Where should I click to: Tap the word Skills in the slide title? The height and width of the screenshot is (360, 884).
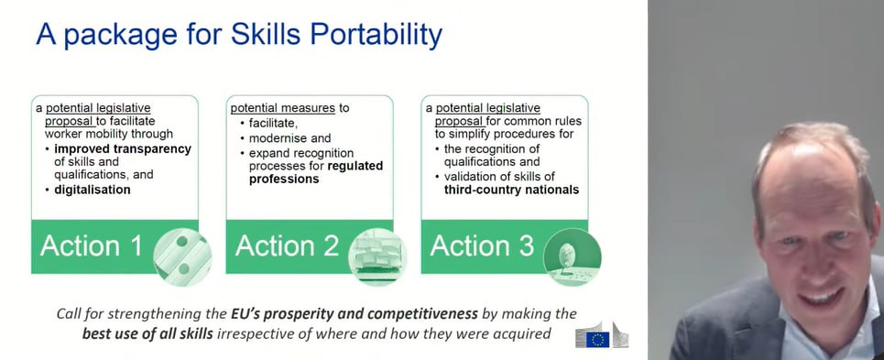[267, 35]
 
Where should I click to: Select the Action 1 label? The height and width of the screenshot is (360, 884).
[92, 246]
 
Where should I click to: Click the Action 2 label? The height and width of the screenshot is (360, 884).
[287, 246]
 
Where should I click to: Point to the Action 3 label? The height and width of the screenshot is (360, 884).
[482, 246]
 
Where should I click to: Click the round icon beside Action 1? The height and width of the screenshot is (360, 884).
[182, 257]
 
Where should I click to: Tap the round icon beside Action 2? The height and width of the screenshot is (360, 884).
[377, 257]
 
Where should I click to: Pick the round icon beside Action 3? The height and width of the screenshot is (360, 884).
[573, 257]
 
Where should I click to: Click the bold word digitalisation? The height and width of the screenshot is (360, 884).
[93, 190]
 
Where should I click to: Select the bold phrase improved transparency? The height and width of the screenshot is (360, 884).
[123, 149]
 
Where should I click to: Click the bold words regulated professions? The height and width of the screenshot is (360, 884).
[316, 172]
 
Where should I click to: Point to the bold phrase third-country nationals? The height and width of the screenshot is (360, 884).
[511, 190]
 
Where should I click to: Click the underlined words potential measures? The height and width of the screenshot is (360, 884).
[283, 108]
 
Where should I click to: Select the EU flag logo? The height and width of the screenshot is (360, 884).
[597, 339]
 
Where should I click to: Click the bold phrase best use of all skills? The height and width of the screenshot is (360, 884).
[147, 333]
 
